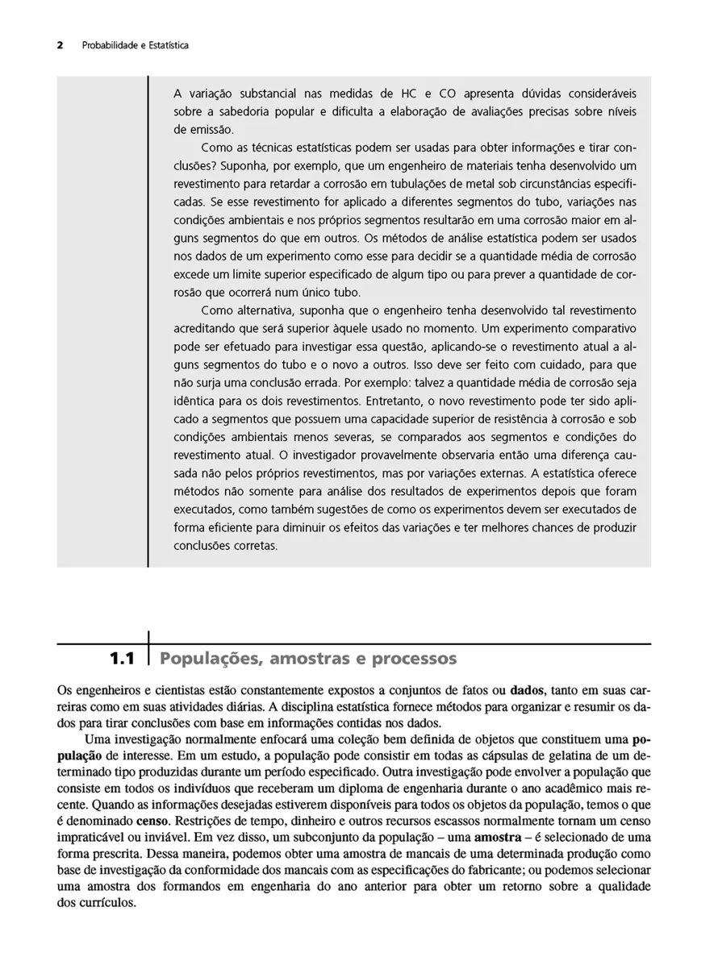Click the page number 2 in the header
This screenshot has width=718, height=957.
tap(60, 45)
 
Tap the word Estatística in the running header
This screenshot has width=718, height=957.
tap(167, 45)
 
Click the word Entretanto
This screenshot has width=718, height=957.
tap(395, 400)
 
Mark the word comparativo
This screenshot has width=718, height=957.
tap(599, 328)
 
